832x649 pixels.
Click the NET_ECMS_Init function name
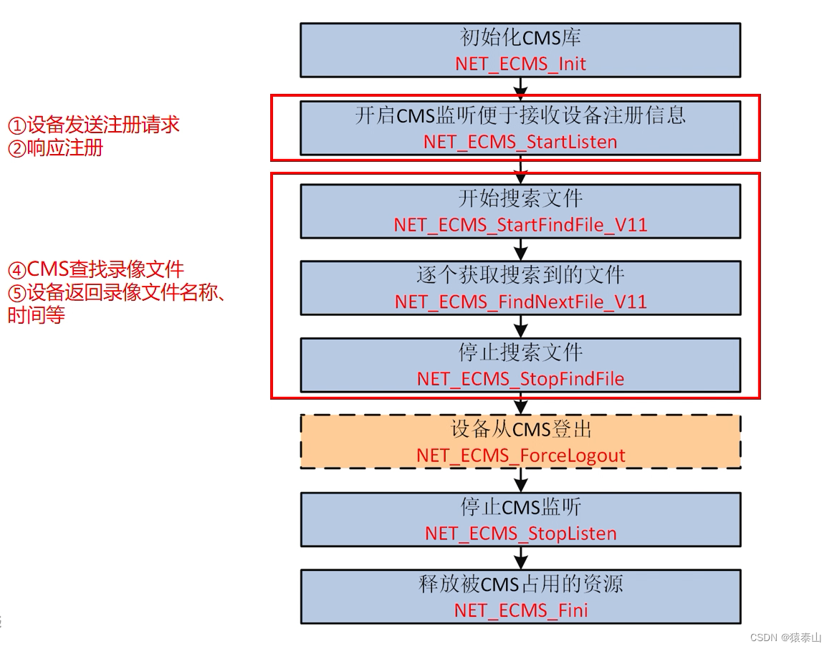[x=520, y=64]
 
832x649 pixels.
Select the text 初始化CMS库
[x=520, y=38]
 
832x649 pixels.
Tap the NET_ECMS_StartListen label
[x=520, y=142]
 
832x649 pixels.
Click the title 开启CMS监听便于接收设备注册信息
[x=520, y=115]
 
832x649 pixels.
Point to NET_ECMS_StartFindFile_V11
[x=520, y=225]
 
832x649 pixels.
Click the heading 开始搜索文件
[x=520, y=198]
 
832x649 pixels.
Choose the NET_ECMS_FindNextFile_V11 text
[x=520, y=302]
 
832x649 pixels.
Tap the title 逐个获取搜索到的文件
[x=520, y=275]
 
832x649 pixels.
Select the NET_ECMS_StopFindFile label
[x=520, y=379]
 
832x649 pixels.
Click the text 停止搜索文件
[x=520, y=352]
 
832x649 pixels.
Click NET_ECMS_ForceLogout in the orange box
[x=520, y=456]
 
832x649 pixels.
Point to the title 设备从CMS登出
[x=520, y=430]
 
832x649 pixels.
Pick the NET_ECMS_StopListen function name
[x=520, y=534]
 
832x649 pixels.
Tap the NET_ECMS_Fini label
[x=520, y=610]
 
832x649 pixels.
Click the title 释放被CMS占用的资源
[x=520, y=584]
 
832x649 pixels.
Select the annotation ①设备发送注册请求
[x=93, y=125]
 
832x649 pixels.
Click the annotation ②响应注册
[x=55, y=148]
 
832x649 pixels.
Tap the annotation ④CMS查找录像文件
[x=96, y=270]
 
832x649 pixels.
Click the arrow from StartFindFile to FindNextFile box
[x=521, y=249]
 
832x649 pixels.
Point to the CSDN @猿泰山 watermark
[x=785, y=638]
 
